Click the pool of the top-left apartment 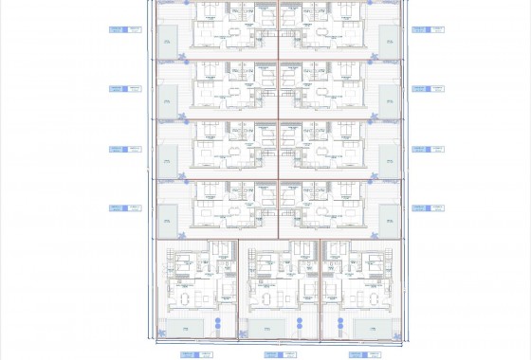tap(167, 38)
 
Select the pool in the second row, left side tap(167, 99)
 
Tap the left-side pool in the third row tap(167, 158)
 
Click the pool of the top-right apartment tap(388, 38)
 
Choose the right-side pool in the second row tap(388, 99)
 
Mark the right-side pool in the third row tap(388, 158)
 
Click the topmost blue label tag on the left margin tap(119, 29)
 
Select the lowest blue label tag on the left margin tap(119, 208)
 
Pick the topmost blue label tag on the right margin tap(421, 29)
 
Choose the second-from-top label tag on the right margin tap(421, 89)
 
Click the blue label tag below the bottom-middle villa tap(274, 354)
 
